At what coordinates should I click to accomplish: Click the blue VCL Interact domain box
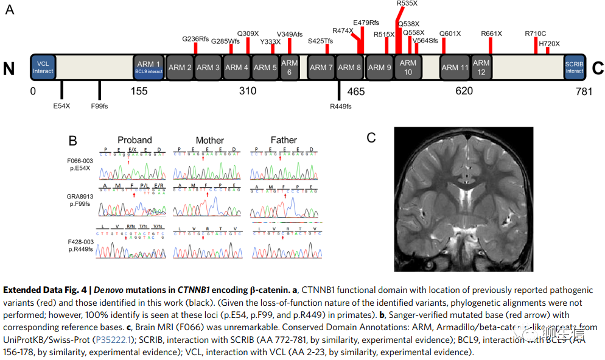pyautogui.click(x=43, y=67)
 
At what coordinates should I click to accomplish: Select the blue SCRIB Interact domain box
pyautogui.click(x=574, y=67)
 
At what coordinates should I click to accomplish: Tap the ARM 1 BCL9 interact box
pyautogui.click(x=149, y=67)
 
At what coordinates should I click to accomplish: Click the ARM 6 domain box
pyautogui.click(x=290, y=67)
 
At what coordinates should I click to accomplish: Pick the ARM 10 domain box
pyautogui.click(x=408, y=67)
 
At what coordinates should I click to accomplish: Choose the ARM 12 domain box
pyautogui.click(x=481, y=67)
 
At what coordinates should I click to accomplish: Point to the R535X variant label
pyautogui.click(x=407, y=4)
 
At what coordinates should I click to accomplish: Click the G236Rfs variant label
pyautogui.click(x=195, y=39)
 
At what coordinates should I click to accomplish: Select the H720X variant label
pyautogui.click(x=549, y=43)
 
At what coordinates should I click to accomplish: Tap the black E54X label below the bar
pyautogui.click(x=61, y=105)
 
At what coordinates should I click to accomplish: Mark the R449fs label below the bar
pyautogui.click(x=340, y=107)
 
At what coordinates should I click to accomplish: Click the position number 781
pyautogui.click(x=584, y=91)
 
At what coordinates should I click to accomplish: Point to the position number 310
pyautogui.click(x=248, y=91)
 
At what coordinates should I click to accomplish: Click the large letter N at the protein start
pyautogui.click(x=9, y=68)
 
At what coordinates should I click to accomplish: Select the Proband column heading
pyautogui.click(x=135, y=140)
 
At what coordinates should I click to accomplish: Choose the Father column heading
pyautogui.click(x=284, y=140)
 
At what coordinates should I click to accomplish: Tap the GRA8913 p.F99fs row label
pyautogui.click(x=81, y=201)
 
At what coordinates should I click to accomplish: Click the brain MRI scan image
pyautogui.click(x=463, y=199)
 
